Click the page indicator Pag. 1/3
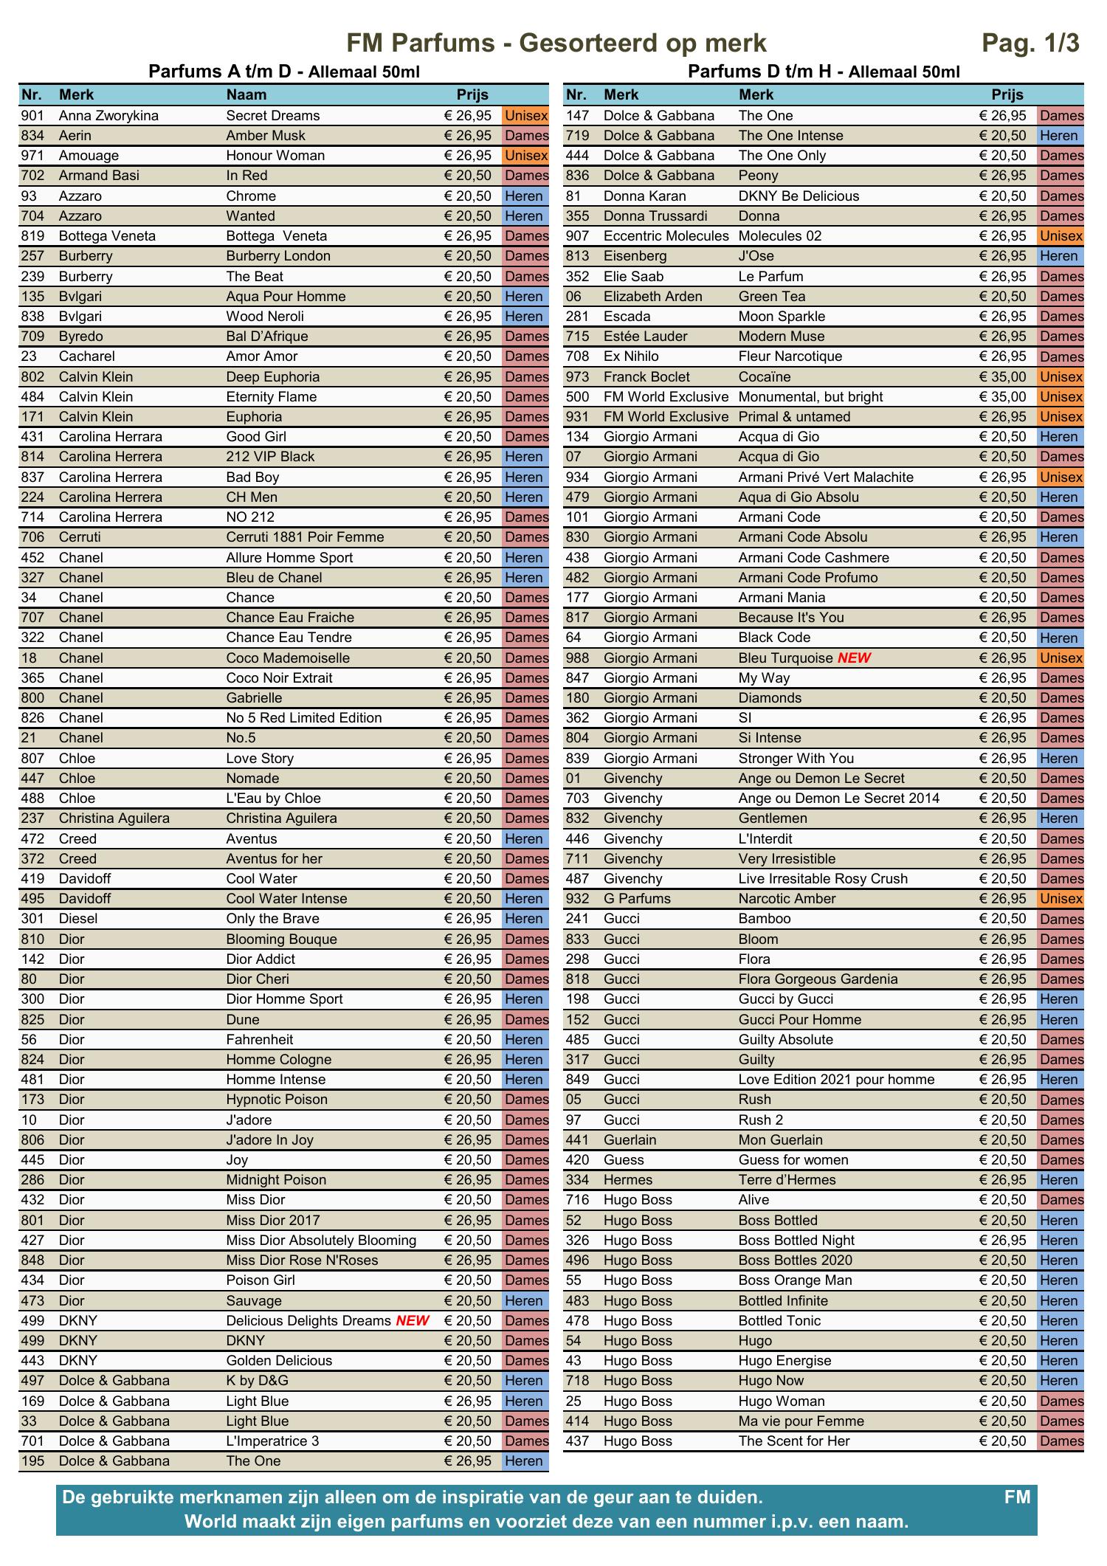(1030, 44)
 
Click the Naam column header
(246, 94)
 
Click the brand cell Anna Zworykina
(108, 115)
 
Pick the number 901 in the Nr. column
(32, 115)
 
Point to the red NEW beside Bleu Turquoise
(854, 658)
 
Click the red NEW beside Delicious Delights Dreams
(413, 1320)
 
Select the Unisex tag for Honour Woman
(526, 155)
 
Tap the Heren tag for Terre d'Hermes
(1059, 1179)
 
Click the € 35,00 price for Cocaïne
(1002, 376)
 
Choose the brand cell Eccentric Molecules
(666, 235)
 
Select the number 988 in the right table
(578, 658)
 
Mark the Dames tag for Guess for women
(1061, 1159)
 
